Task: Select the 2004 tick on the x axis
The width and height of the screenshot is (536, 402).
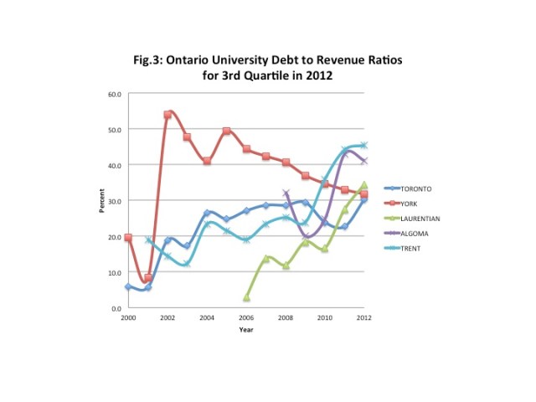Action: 206,318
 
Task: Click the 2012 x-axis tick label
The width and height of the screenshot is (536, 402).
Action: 363,318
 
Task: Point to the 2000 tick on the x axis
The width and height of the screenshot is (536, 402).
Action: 127,318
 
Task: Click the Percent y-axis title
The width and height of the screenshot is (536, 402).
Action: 101,201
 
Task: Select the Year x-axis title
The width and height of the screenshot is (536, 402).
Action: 245,329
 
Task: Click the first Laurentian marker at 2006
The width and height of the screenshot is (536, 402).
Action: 246,297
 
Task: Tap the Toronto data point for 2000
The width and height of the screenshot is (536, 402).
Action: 128,286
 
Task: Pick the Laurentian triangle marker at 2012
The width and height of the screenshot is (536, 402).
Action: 363,185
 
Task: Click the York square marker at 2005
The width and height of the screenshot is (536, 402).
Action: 226,131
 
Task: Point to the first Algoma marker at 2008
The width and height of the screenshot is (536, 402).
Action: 286,193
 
